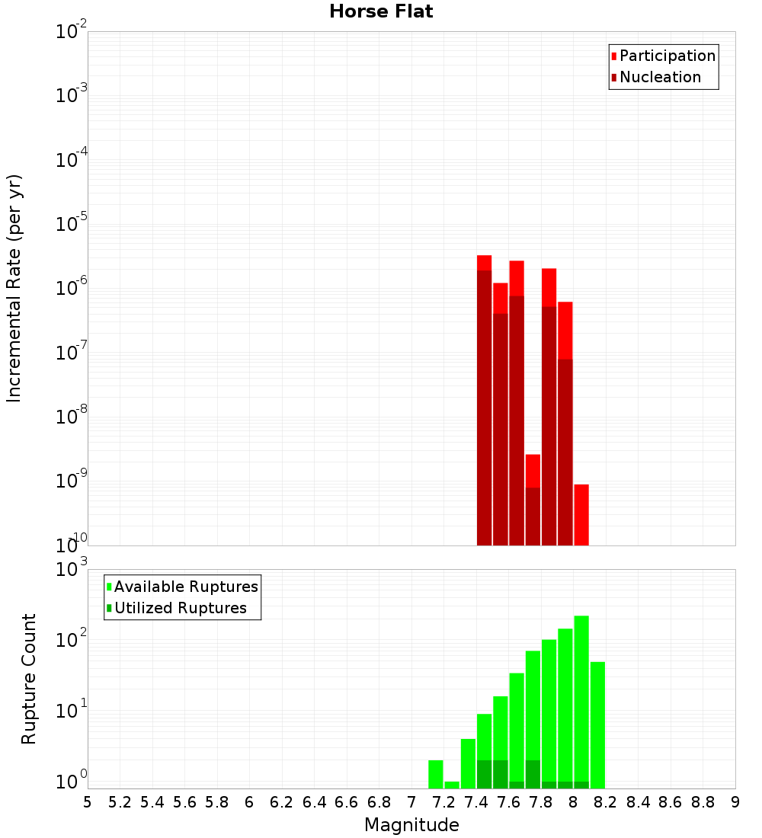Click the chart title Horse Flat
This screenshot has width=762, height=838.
coord(381,11)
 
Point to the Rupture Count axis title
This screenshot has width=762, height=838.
coord(29,679)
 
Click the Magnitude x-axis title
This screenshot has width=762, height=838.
coord(411,825)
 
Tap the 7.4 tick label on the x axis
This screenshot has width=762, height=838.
coord(476,802)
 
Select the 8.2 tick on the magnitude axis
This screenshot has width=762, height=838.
coord(606,802)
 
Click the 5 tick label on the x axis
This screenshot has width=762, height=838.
coord(88,802)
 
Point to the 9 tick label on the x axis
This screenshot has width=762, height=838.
coord(735,802)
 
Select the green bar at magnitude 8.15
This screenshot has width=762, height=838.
coord(597,724)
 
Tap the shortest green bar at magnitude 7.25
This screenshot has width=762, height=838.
coord(452,785)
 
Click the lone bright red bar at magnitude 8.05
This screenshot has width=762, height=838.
coord(581,514)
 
